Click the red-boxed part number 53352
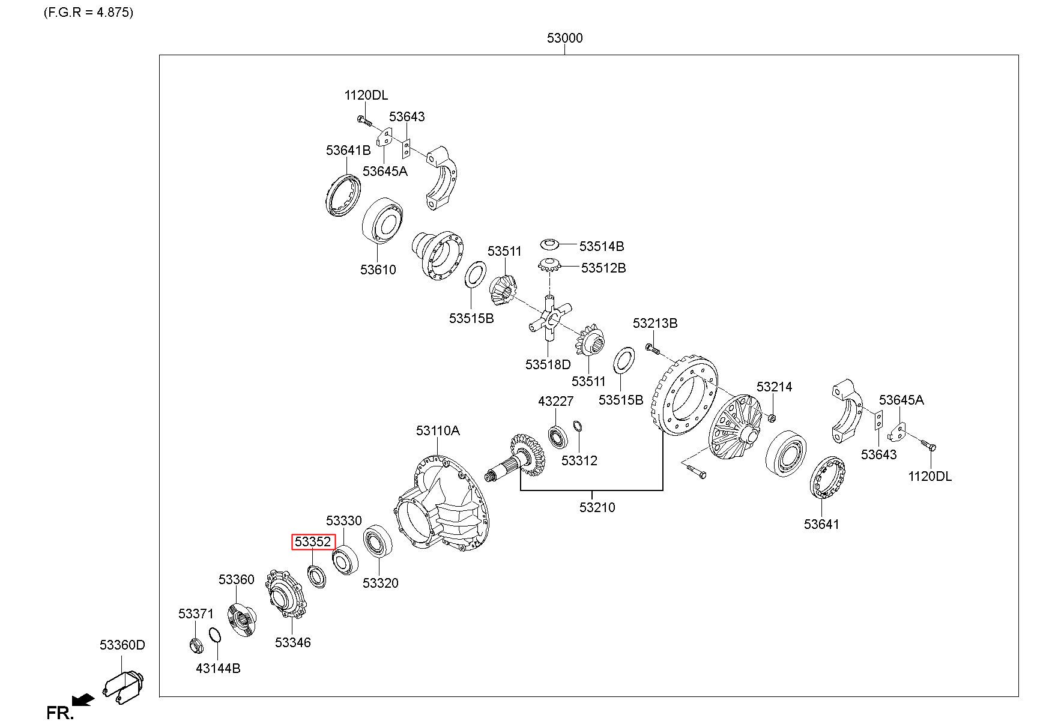click(x=312, y=541)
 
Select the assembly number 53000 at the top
click(x=564, y=38)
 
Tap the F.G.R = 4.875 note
click(x=88, y=12)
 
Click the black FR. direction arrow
click(x=83, y=699)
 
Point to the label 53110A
click(x=438, y=430)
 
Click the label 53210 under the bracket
click(x=597, y=507)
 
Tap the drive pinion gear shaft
click(x=516, y=460)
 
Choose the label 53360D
click(x=122, y=645)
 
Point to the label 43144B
click(x=218, y=668)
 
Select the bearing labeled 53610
click(x=382, y=220)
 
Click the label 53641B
click(x=348, y=150)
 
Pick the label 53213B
click(x=655, y=323)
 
